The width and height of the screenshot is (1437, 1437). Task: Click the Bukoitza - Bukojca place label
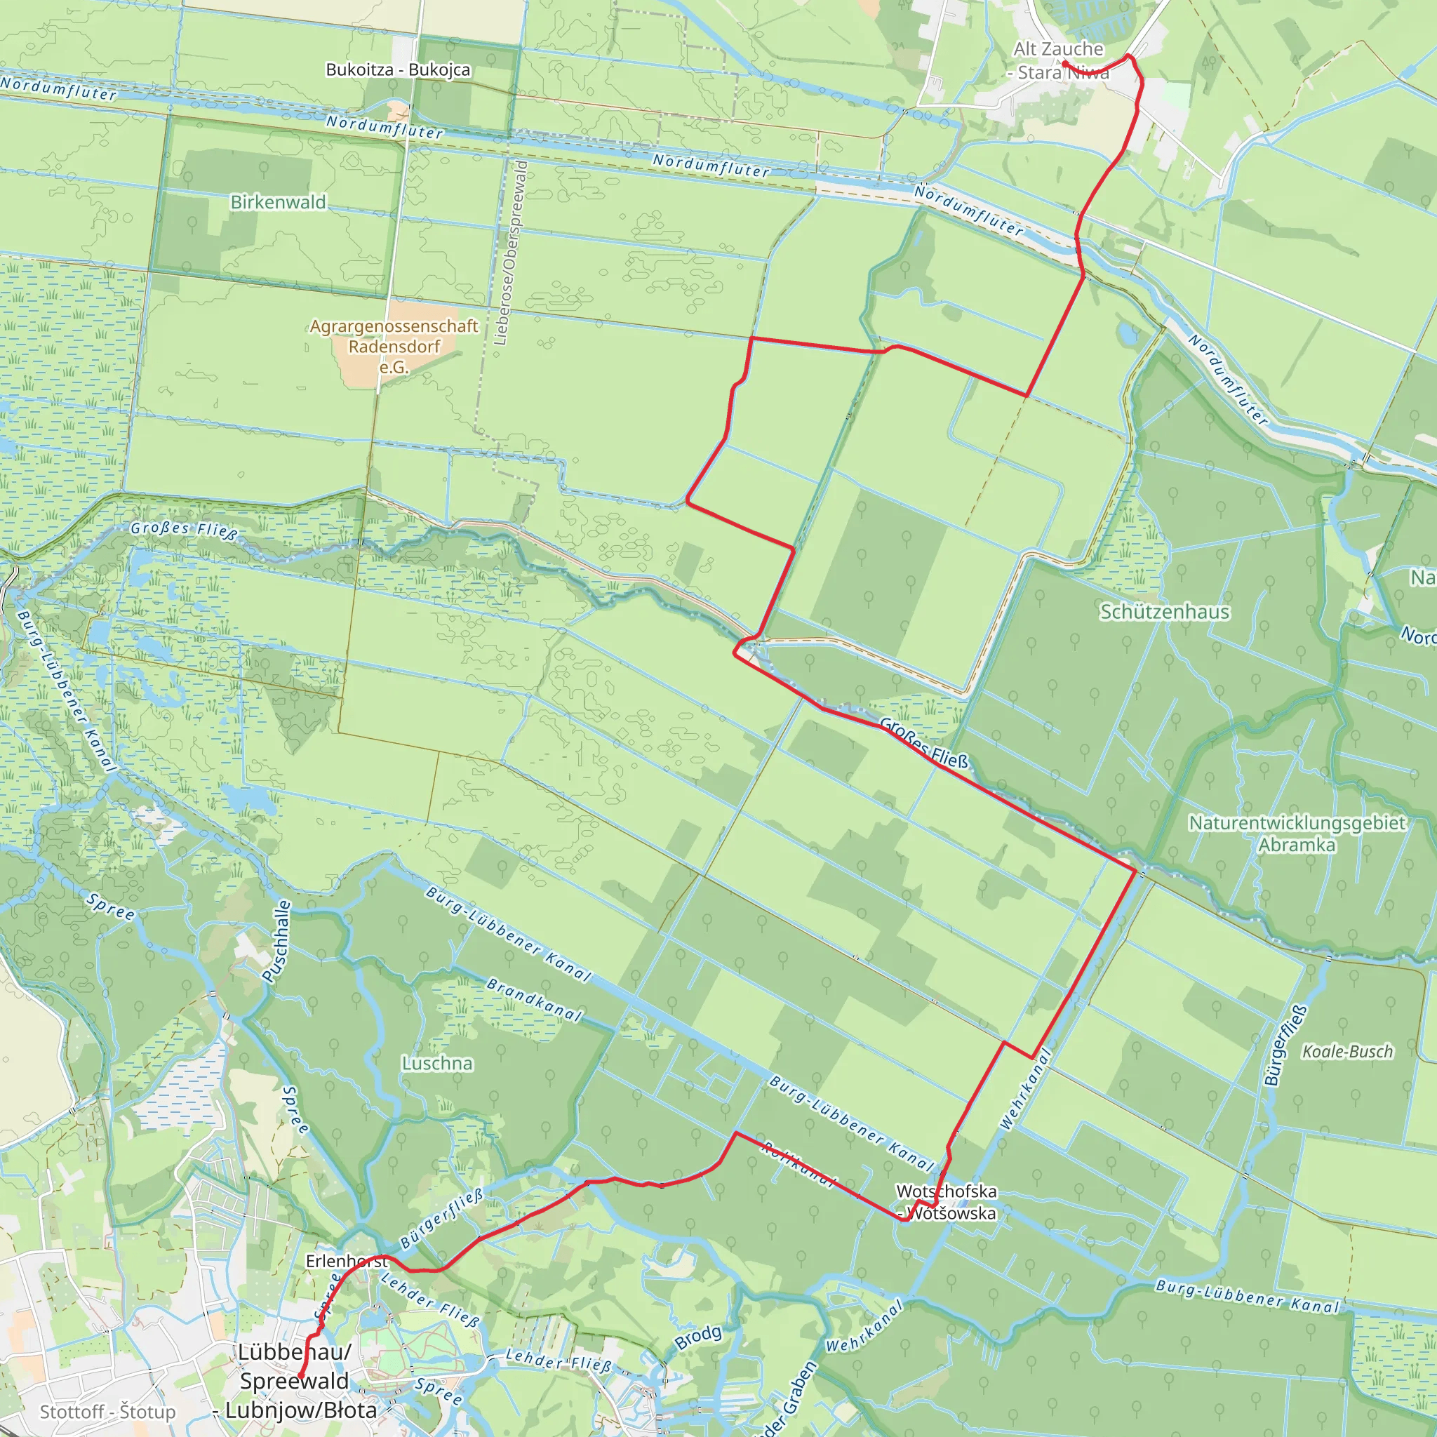tap(398, 70)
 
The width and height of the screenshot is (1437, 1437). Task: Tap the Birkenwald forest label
tap(278, 202)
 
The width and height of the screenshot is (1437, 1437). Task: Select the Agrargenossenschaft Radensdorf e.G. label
tap(394, 347)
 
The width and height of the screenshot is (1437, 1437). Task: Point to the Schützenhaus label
tap(1165, 612)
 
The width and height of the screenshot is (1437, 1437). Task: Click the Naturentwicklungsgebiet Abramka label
tap(1297, 834)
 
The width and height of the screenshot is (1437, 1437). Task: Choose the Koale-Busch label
tap(1347, 1052)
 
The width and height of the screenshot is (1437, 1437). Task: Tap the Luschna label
tap(437, 1064)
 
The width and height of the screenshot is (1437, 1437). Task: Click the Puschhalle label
tap(276, 942)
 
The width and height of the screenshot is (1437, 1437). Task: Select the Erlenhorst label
tap(347, 1262)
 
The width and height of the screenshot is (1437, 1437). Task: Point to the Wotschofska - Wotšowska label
tap(947, 1202)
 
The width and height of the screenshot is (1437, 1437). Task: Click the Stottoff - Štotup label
tap(108, 1412)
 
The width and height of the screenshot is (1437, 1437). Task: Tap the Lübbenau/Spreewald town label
tap(295, 1381)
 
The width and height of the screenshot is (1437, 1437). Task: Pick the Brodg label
tap(698, 1337)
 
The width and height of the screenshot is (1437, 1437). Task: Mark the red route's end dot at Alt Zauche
tap(1065, 64)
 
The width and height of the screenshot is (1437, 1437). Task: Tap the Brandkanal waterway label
tap(534, 999)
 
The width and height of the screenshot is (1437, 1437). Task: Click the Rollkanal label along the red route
tap(800, 1165)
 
